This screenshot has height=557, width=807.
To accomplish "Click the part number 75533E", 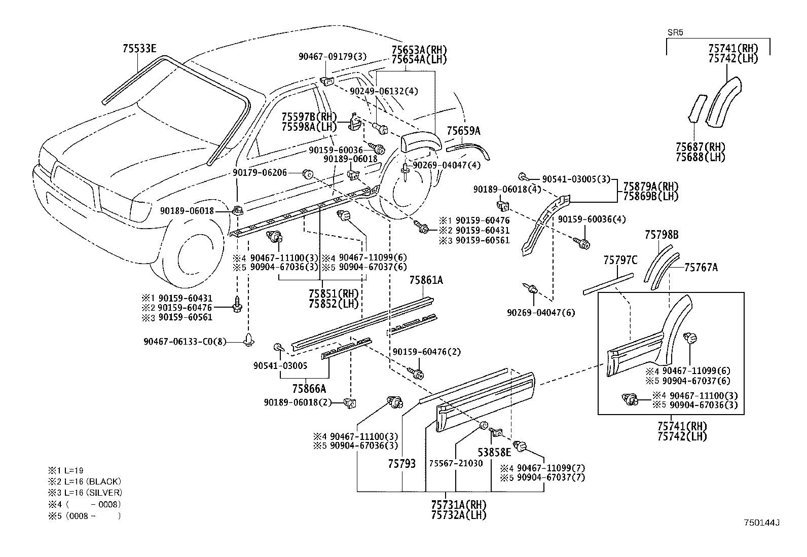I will point(139,49).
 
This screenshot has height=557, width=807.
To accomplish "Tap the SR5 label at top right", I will point(675,32).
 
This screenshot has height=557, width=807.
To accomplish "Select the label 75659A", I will point(463,131).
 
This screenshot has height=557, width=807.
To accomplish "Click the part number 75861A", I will point(426,280).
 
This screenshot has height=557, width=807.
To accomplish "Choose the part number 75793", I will point(402,463).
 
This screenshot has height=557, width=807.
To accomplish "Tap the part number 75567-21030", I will point(456,463).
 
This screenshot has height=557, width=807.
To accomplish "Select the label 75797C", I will point(620,261).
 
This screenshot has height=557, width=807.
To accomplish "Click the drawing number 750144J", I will point(761,523).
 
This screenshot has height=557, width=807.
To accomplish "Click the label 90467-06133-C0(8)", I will point(185,342).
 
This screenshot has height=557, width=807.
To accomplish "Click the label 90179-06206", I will point(260,173).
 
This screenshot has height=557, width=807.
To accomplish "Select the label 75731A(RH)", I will point(458,505).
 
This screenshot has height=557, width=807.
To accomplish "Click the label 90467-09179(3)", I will point(333,57).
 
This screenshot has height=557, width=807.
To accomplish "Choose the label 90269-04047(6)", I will point(541,313).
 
